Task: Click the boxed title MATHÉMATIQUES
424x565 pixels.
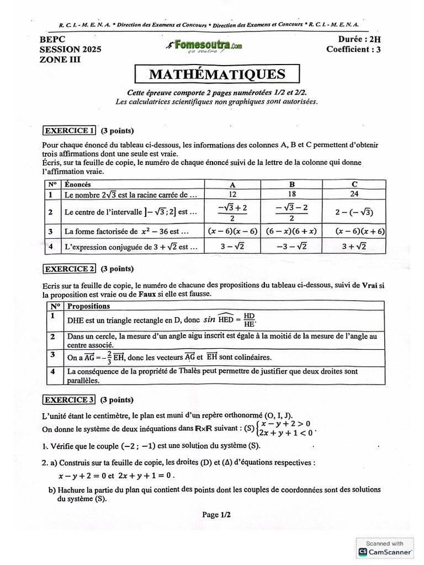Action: click(217, 74)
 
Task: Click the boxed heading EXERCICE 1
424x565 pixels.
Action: click(70, 131)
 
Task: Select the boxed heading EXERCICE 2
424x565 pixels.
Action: click(70, 269)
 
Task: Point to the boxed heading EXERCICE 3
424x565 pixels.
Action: click(70, 400)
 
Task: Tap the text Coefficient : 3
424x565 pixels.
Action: click(353, 49)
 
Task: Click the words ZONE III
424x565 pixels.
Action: click(60, 59)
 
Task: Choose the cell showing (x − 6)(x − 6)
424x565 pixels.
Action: click(231, 232)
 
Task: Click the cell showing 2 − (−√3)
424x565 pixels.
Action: click(353, 212)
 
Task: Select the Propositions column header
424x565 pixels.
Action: click(88, 306)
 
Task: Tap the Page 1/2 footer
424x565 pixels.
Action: click(216, 515)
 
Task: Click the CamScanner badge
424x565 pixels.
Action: click(385, 547)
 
